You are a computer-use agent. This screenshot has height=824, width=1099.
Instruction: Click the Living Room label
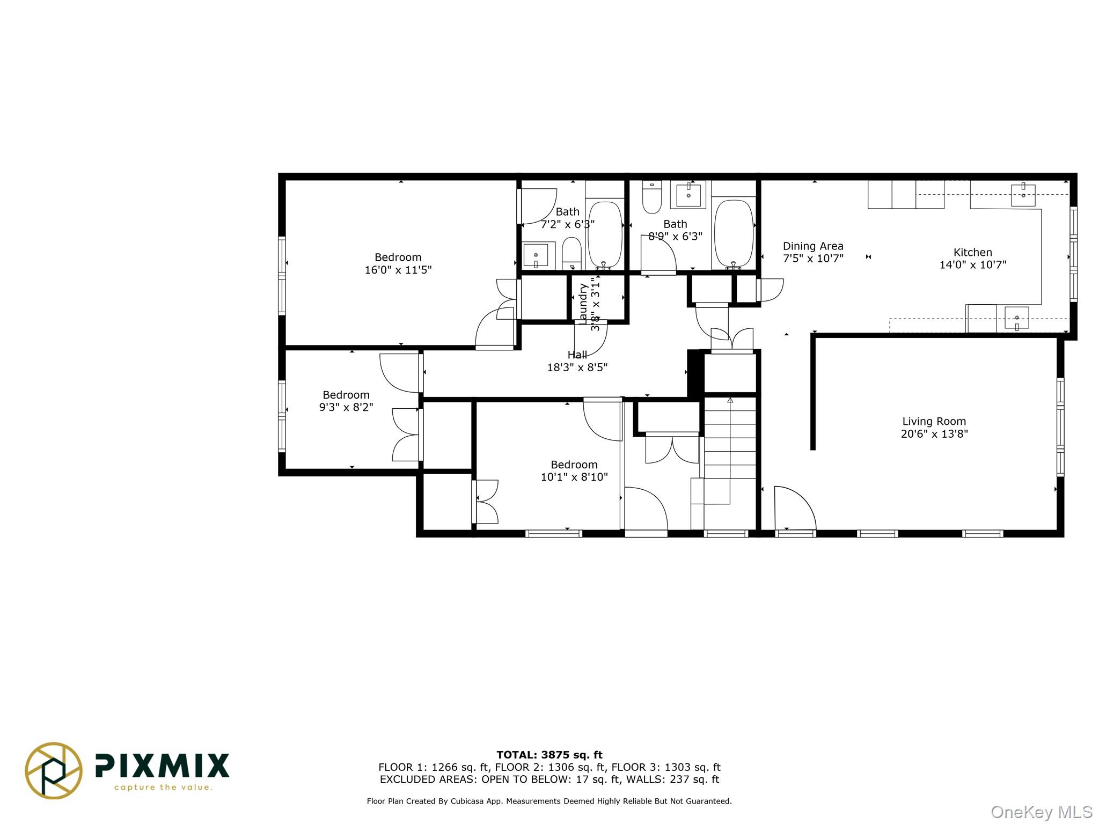[934, 422]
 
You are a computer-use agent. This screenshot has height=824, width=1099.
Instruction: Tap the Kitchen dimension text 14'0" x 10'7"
[972, 264]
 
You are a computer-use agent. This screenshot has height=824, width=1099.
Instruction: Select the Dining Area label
[813, 246]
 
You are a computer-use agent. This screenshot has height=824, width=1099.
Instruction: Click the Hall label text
[577, 355]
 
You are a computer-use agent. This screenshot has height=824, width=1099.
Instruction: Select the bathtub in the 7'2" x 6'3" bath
[605, 234]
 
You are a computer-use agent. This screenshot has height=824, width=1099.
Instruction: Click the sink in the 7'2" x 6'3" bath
[536, 255]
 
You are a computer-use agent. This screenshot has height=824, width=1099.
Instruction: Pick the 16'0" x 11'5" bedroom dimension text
[398, 270]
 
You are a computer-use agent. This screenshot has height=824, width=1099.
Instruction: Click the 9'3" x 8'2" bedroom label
[346, 395]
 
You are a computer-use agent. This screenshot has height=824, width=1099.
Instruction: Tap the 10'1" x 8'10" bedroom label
[574, 465]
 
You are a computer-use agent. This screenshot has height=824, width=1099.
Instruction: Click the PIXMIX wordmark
[162, 766]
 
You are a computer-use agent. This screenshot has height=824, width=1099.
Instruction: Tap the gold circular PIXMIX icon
[54, 770]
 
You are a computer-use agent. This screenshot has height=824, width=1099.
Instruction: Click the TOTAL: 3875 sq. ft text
[549, 755]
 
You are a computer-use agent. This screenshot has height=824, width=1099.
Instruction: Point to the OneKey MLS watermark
[1041, 812]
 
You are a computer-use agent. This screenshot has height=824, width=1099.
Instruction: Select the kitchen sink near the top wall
[1023, 195]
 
